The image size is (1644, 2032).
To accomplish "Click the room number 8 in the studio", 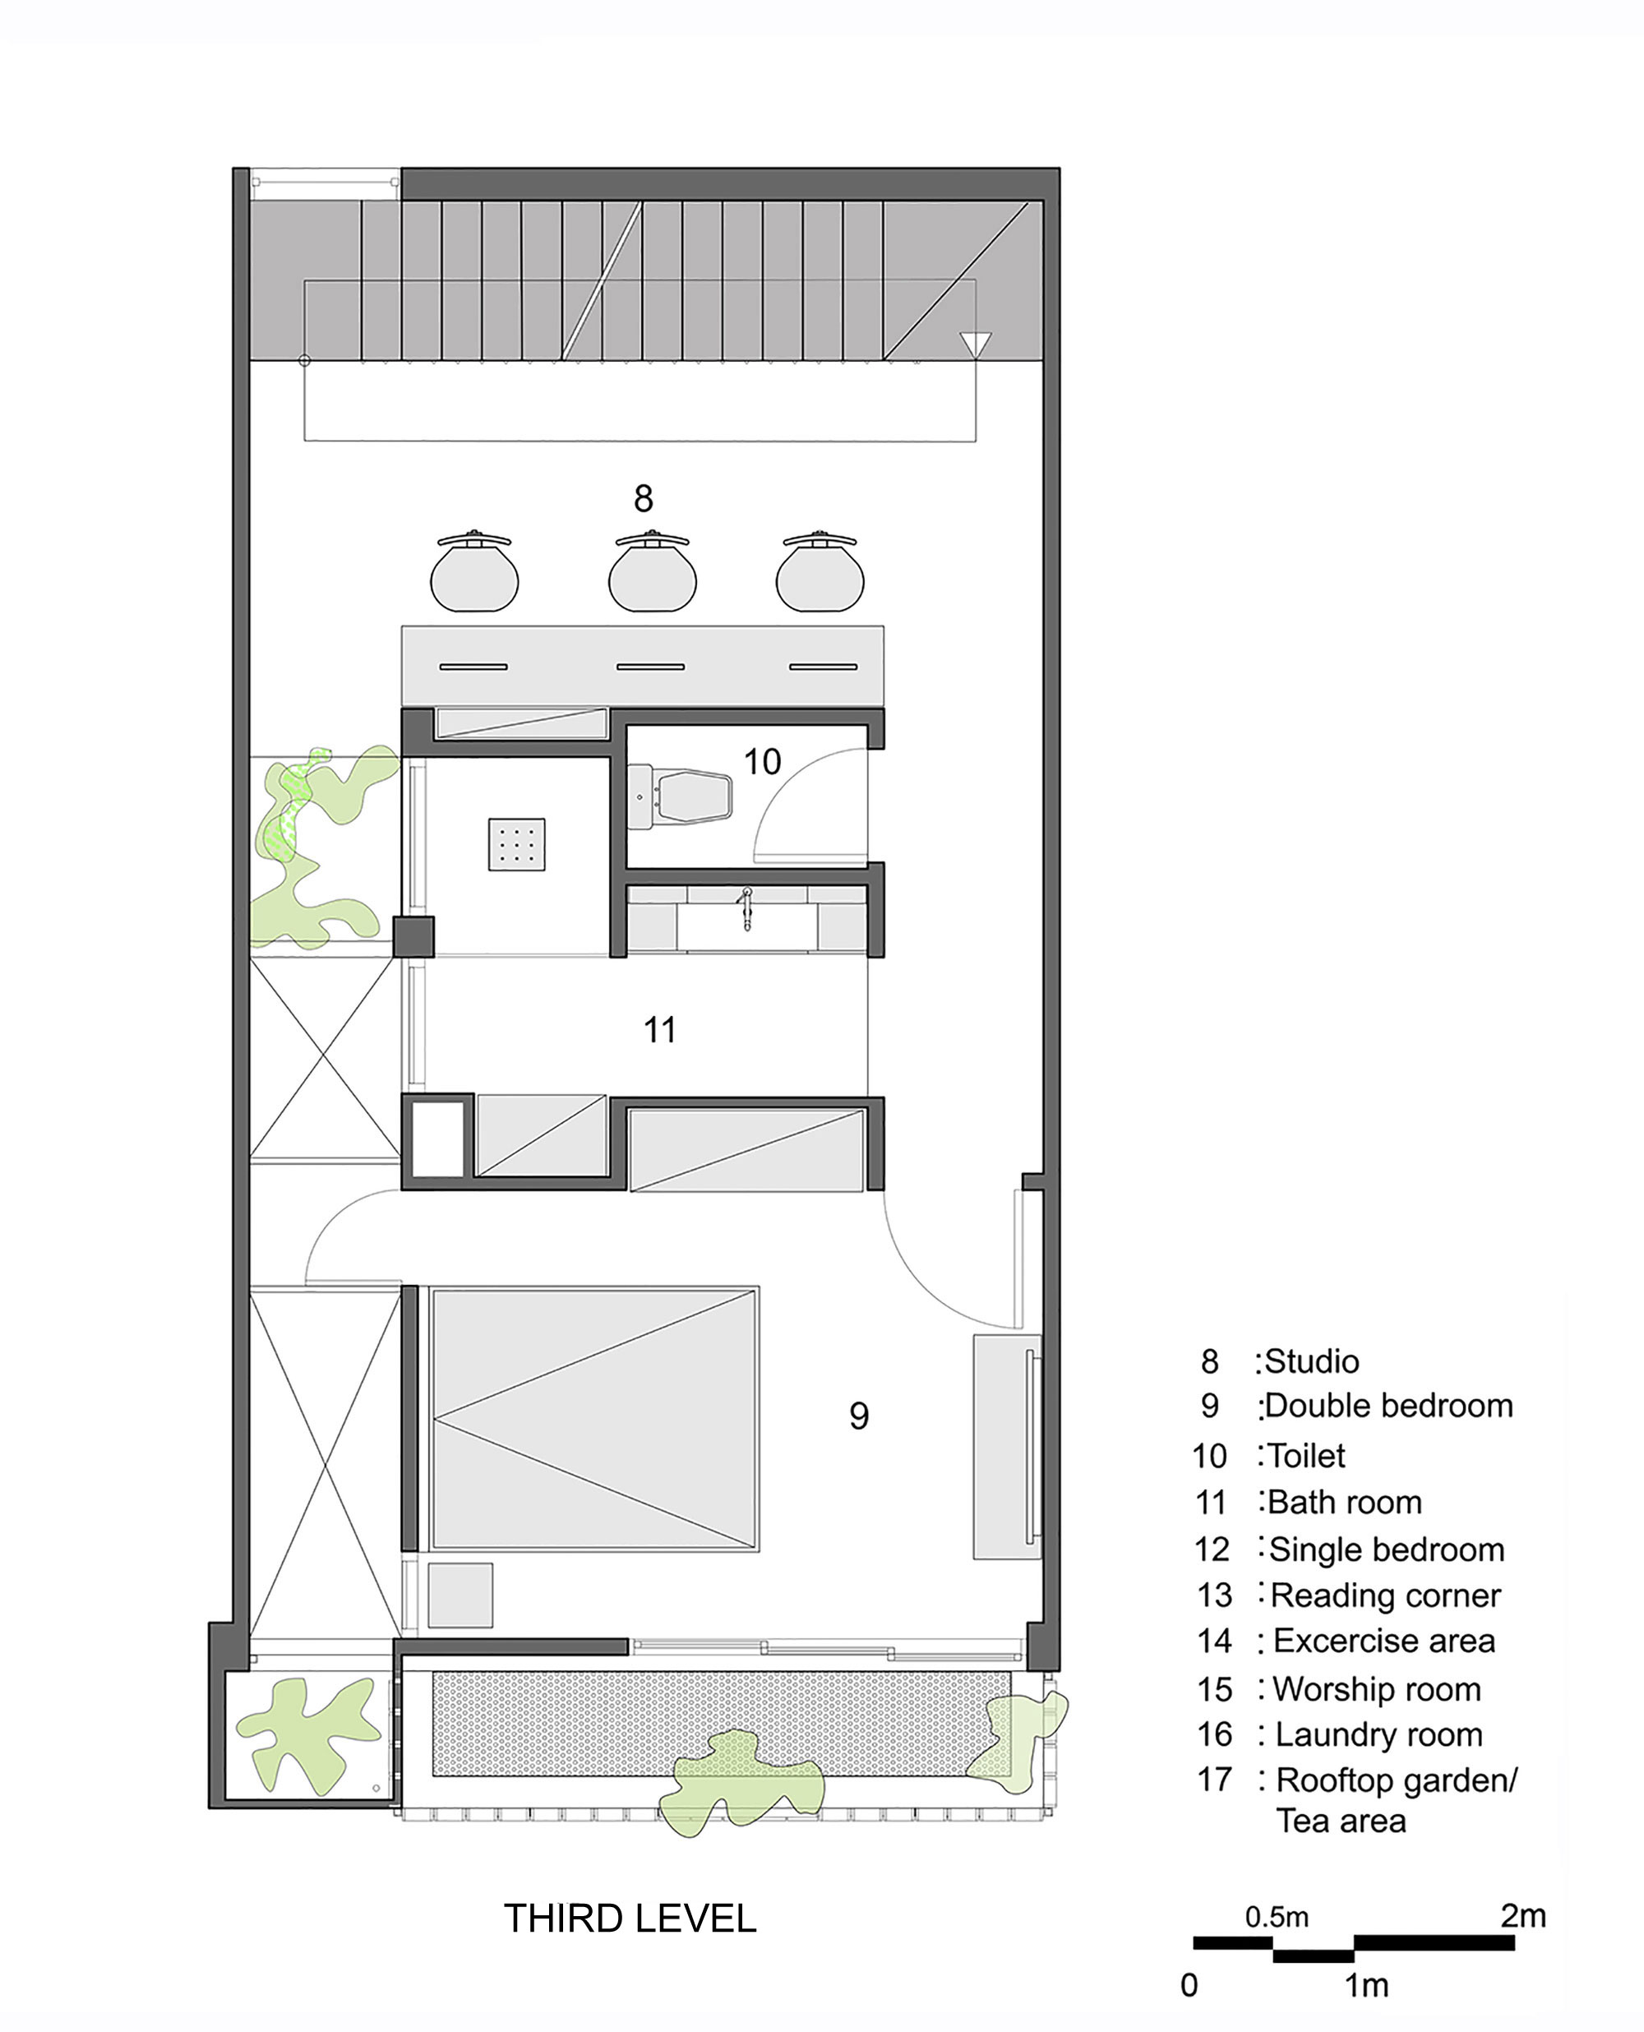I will point(643,498).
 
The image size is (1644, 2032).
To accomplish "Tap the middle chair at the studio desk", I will point(652,574).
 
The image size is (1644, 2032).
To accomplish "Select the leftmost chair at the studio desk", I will point(473,574).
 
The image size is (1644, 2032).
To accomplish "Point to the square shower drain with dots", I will point(516,843).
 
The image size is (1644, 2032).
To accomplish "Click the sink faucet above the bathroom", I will point(746,907).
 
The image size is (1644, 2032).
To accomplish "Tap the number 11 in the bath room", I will point(659,1030).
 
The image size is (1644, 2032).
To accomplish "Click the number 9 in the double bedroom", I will point(858,1415).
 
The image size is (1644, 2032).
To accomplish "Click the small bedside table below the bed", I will point(460,1596).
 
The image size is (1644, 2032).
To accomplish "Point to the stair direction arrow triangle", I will point(974,344).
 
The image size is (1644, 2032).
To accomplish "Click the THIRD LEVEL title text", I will point(630,1919).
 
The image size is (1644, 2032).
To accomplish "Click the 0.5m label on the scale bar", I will point(1276,1918).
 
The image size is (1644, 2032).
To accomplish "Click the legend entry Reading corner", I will point(1383,1596).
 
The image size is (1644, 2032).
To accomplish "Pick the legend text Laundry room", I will point(1378,1734).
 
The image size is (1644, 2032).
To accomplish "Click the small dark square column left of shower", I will point(413,936).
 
